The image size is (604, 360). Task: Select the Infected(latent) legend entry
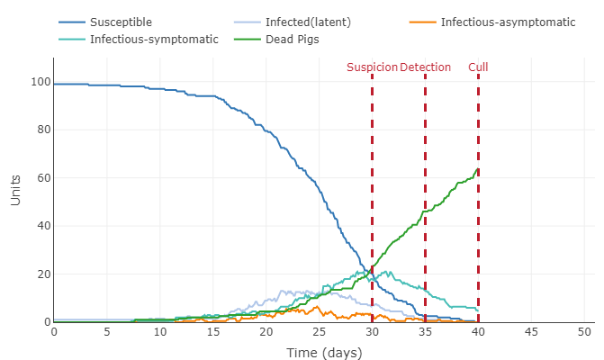pyautogui.click(x=308, y=22)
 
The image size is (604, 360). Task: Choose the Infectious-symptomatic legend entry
pyautogui.click(x=154, y=40)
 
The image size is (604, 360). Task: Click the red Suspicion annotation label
pyautogui.click(x=371, y=67)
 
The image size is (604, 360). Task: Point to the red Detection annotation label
pyautogui.click(x=426, y=67)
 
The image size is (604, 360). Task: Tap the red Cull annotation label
pyautogui.click(x=478, y=67)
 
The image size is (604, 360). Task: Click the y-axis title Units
pyautogui.click(x=15, y=190)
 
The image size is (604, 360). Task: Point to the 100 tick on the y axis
pyautogui.click(x=37, y=82)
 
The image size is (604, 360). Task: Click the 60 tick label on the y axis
pyautogui.click(x=41, y=178)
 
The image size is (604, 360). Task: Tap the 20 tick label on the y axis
pyautogui.click(x=41, y=274)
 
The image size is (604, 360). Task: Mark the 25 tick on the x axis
pyautogui.click(x=319, y=331)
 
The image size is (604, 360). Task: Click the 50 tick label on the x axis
pyautogui.click(x=584, y=331)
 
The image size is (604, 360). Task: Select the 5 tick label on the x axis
pyautogui.click(x=107, y=331)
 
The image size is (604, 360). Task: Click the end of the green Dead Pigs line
pyautogui.click(x=478, y=168)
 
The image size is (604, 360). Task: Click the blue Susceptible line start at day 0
pyautogui.click(x=55, y=84)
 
